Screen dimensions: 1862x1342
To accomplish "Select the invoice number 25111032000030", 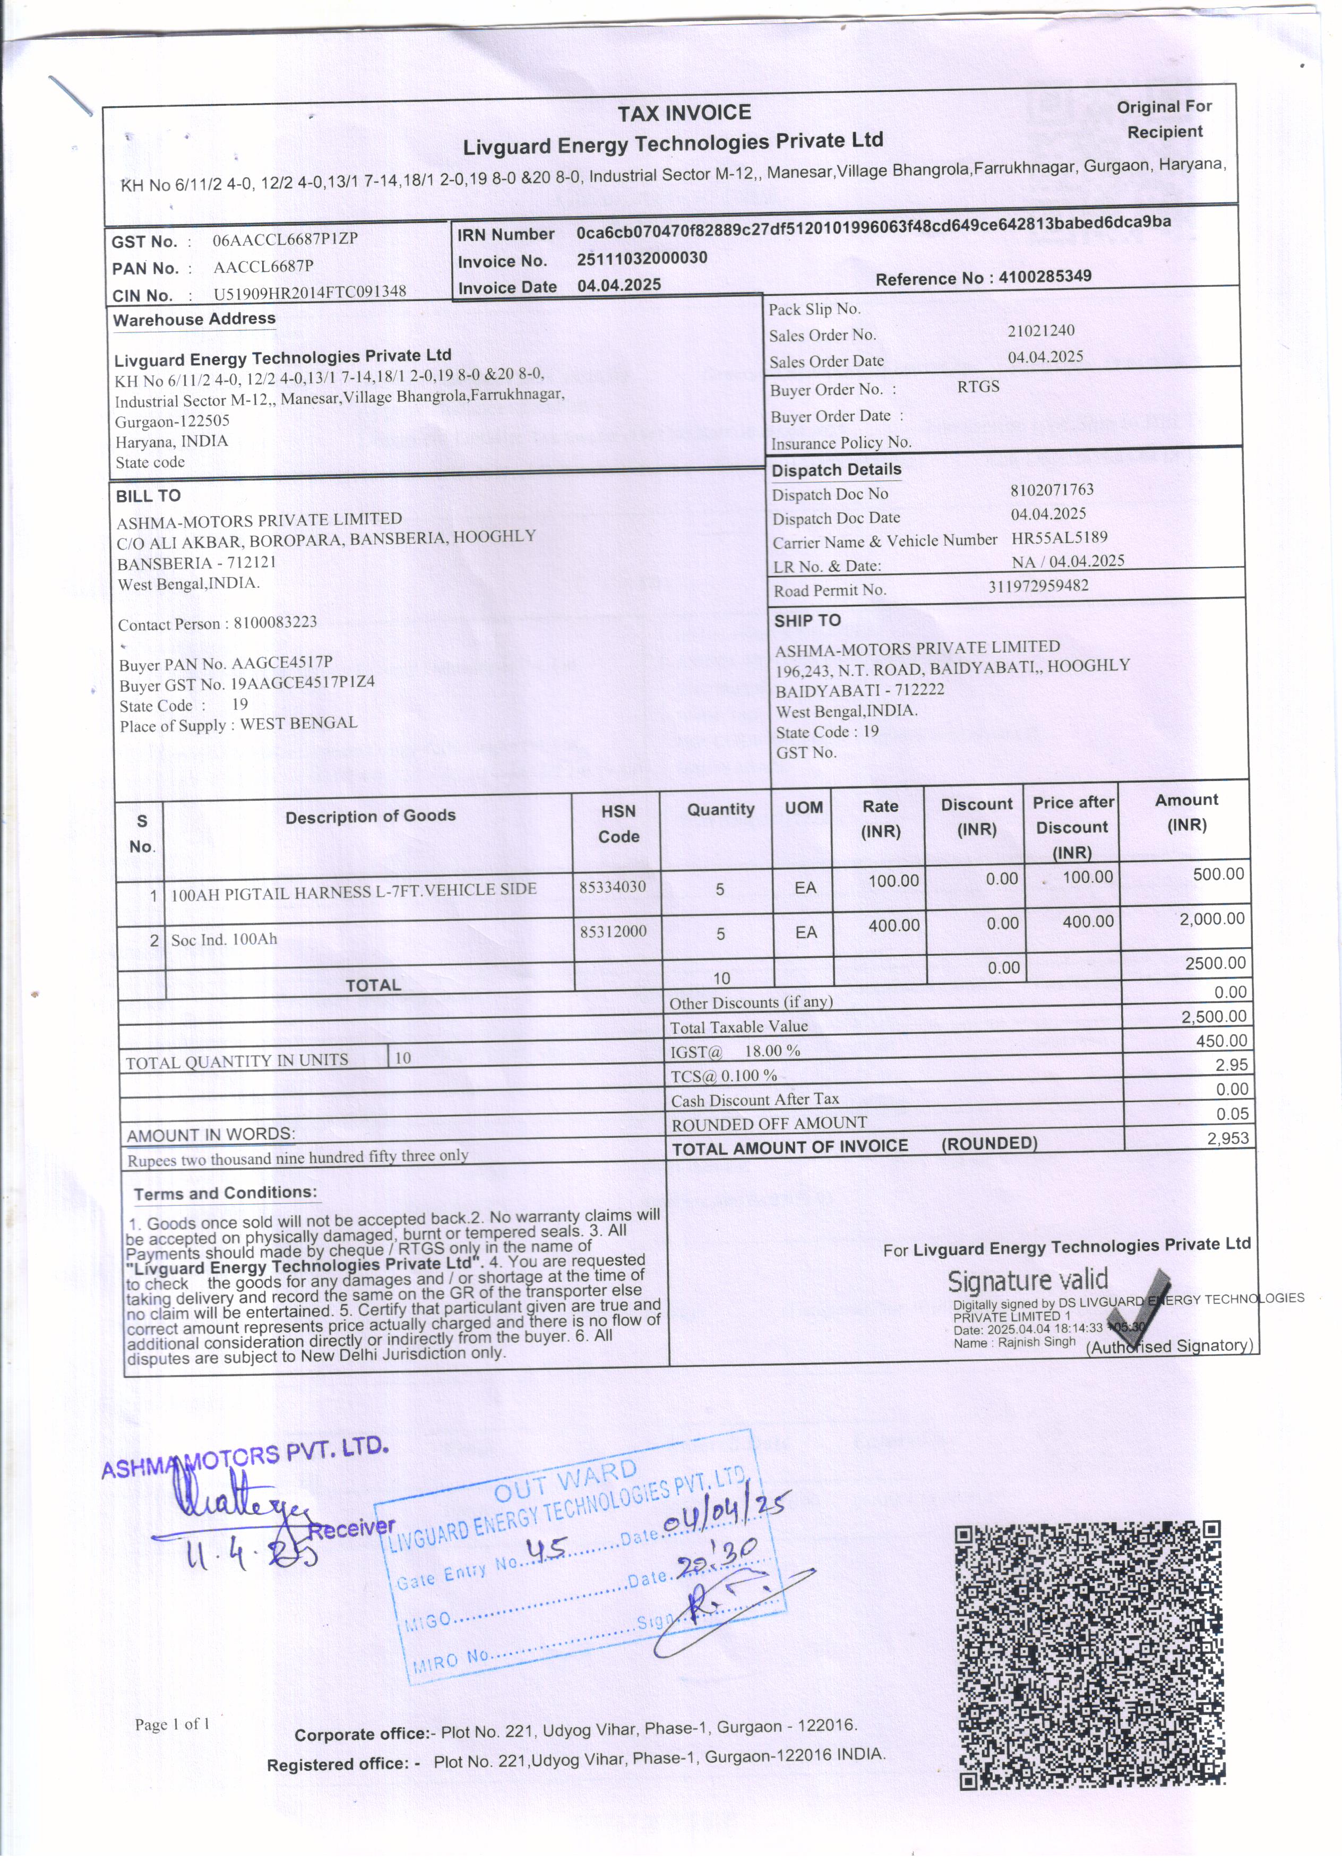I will click(641, 258).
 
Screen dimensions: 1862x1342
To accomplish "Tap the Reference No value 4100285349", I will click(1045, 276).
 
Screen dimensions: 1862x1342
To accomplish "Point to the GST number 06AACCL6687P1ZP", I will click(285, 240).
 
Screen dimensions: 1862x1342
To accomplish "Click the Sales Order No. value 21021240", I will click(1041, 330).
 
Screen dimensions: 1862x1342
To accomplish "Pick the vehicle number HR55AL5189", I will click(1059, 538).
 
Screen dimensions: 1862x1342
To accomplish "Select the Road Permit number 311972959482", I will click(1038, 586).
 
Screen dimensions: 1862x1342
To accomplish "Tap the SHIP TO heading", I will click(807, 621).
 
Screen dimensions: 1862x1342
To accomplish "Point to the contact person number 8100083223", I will click(275, 622).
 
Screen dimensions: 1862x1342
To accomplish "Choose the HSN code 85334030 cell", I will click(612, 887).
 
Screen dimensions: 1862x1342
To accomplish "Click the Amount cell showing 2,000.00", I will click(1211, 919).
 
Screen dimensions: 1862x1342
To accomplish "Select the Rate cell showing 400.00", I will click(894, 925).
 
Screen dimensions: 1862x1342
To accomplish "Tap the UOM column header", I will click(804, 808).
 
